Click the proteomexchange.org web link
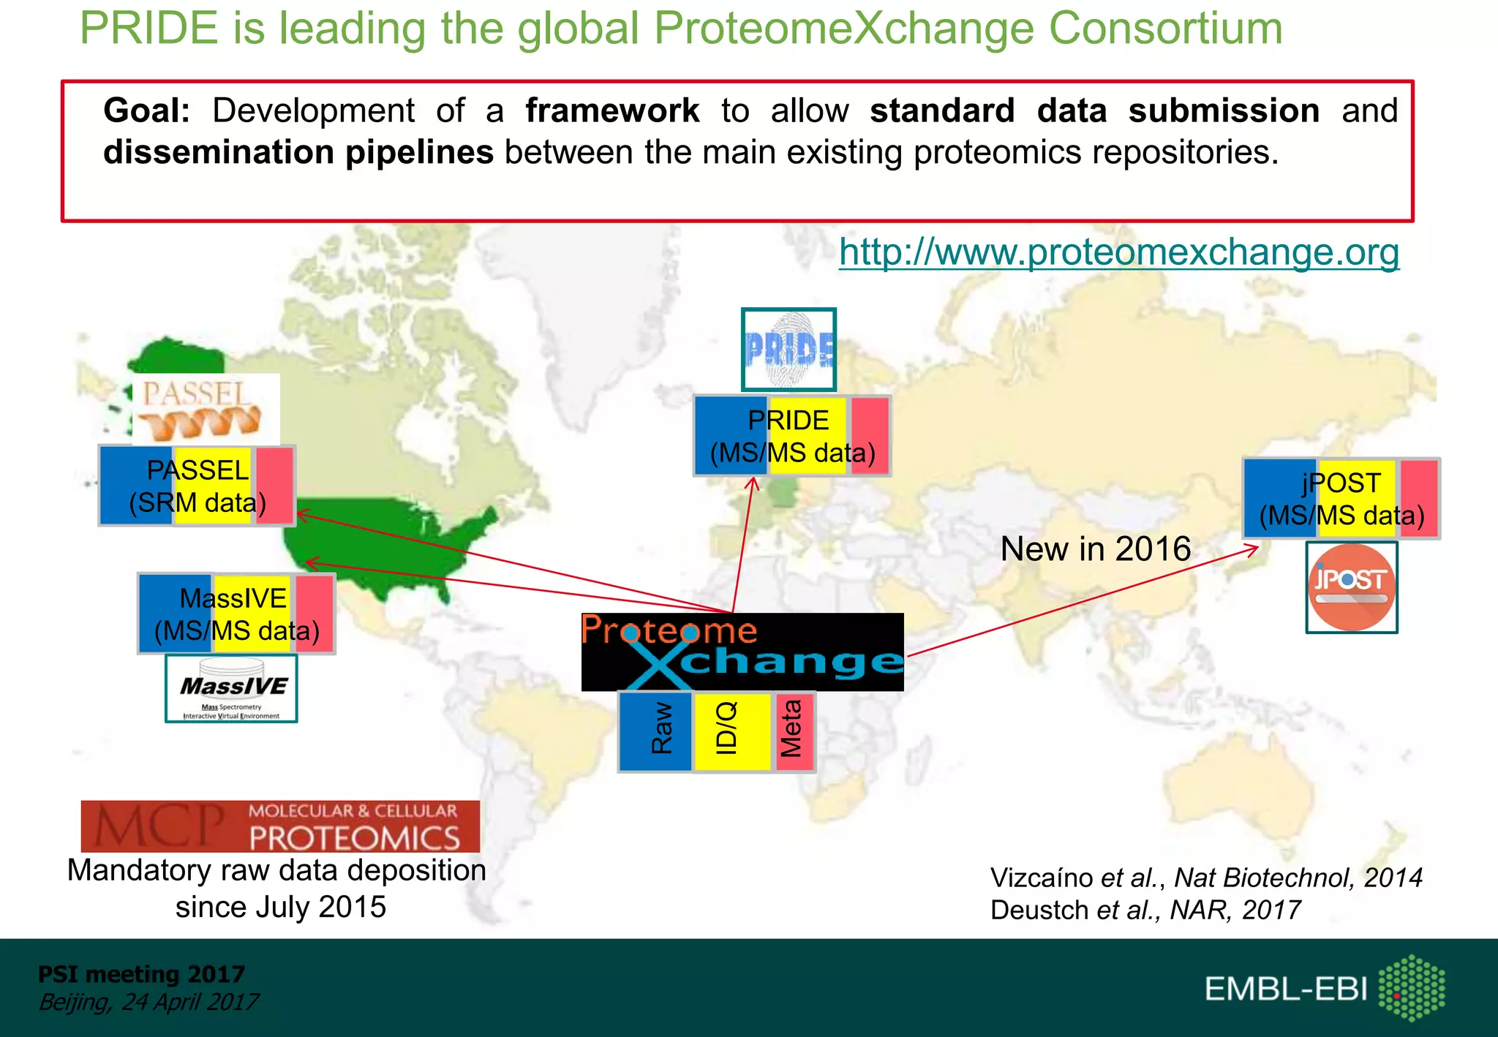1118,252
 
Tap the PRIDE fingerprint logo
788,350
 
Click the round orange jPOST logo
1352,587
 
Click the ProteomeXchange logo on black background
742,652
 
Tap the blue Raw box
656,731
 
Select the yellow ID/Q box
732,731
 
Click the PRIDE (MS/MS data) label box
792,437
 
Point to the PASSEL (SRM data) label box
197,486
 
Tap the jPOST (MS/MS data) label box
1341,499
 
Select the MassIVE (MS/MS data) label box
236,614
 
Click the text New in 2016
1095,548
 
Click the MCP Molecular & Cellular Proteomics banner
280,826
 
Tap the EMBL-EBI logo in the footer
1324,988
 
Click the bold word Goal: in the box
146,110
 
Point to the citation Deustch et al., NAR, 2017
1145,910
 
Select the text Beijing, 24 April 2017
148,1002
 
